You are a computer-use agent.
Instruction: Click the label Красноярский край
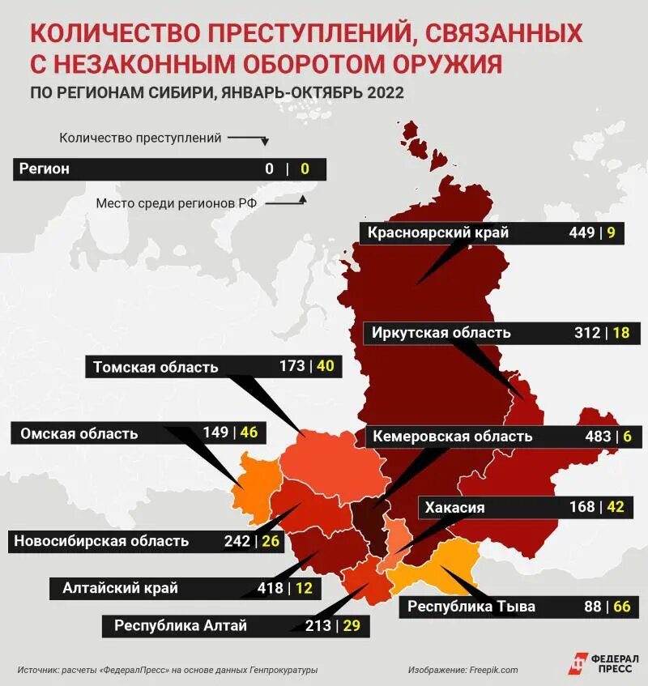coord(438,233)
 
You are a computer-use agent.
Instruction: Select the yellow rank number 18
coord(620,333)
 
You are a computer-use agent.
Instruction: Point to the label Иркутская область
coord(441,333)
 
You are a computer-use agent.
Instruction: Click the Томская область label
coord(156,367)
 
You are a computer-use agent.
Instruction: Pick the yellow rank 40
coord(325,366)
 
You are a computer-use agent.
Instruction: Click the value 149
coord(215,432)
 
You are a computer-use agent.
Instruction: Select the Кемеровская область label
coord(452,437)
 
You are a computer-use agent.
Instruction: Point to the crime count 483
coord(598,437)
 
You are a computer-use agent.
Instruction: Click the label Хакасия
coord(454,508)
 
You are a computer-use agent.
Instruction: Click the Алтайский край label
coord(120,588)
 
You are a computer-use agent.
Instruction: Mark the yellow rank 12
coord(304,588)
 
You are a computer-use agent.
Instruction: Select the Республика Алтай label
coord(181,625)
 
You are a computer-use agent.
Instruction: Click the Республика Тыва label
coord(471,607)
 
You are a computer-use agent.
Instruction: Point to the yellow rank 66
coord(620,606)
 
